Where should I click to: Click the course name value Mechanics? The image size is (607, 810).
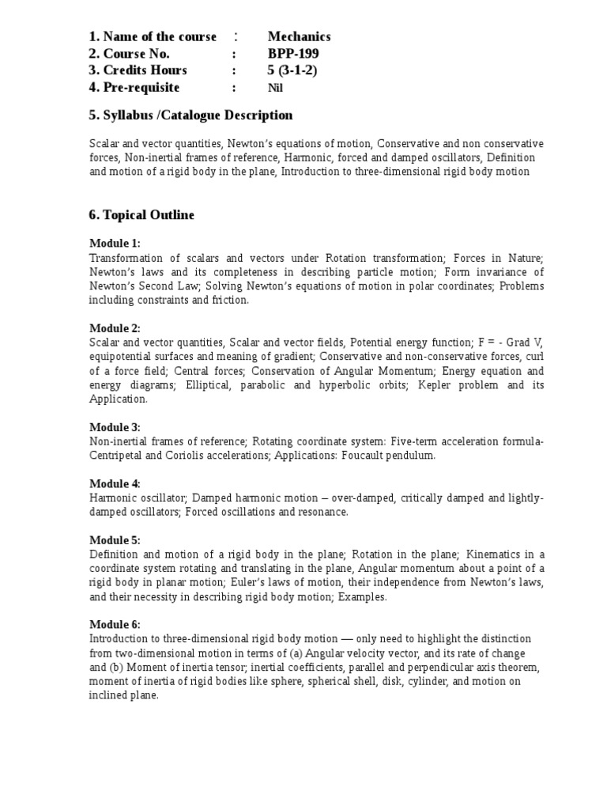[x=299, y=36]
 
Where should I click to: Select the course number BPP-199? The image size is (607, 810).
[x=292, y=54]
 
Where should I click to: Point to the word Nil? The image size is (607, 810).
[x=275, y=88]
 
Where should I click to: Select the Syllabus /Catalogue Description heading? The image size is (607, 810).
[x=190, y=115]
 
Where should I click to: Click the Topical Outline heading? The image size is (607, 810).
[x=141, y=215]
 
